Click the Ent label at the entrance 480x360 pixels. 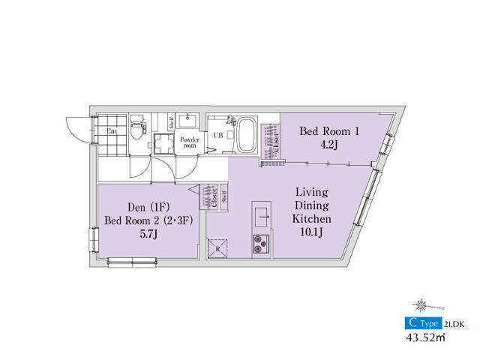(x=112, y=131)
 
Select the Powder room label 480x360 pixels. (x=190, y=142)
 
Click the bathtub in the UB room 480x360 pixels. (x=247, y=135)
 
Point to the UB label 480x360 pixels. (x=218, y=135)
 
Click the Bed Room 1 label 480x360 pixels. (x=329, y=131)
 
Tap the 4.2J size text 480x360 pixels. (x=328, y=144)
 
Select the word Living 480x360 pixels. (x=312, y=192)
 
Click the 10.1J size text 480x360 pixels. (x=311, y=232)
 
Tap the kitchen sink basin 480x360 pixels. (x=262, y=217)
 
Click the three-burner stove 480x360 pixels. (x=261, y=244)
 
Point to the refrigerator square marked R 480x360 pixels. (x=217, y=248)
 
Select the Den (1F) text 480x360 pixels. (x=148, y=208)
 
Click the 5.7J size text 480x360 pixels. (x=148, y=234)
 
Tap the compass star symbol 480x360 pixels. (x=421, y=305)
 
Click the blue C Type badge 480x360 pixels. (x=423, y=323)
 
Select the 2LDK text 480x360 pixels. (x=454, y=324)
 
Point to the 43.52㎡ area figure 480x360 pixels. (x=425, y=337)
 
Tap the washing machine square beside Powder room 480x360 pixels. (x=164, y=143)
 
